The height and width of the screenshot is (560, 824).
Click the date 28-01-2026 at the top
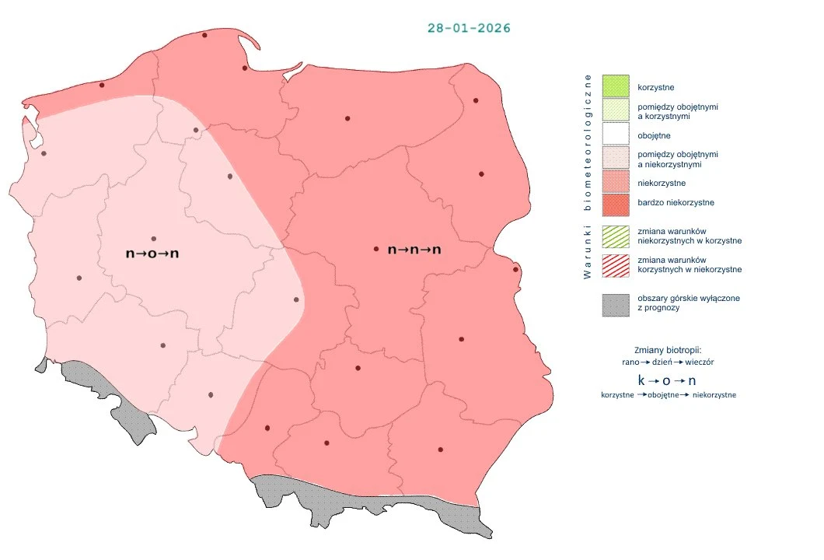coord(469,27)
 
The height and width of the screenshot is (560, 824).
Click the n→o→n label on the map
coord(158,254)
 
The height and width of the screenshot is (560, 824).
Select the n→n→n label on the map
coord(414,250)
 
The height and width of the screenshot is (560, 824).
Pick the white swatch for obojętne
coord(616,135)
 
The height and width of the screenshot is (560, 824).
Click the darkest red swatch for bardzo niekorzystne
coord(616,203)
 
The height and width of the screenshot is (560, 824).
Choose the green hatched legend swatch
coord(616,236)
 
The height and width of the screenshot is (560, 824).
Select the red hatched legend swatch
coord(616,264)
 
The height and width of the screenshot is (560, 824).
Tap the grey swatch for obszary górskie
coord(616,304)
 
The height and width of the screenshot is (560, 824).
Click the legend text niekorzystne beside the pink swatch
coord(661,183)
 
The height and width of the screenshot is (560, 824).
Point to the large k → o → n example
coord(667,381)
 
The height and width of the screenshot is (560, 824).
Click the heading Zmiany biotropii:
coord(668,349)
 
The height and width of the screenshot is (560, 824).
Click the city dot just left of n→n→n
coord(376,249)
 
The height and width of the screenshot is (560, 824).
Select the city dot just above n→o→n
coord(154,239)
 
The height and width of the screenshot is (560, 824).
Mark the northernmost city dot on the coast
coord(204,35)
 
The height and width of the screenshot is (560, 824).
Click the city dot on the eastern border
coord(515,270)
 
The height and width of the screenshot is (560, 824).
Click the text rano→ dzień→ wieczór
coord(667,362)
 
